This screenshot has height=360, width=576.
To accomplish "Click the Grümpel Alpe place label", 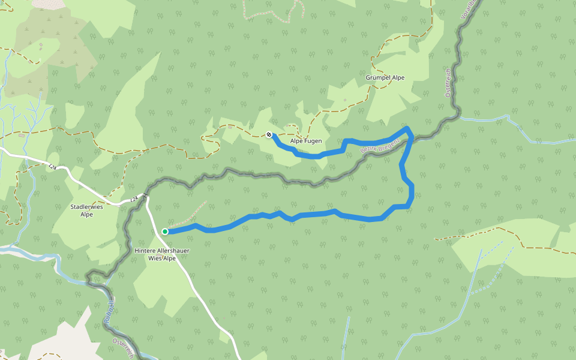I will coord(385,78).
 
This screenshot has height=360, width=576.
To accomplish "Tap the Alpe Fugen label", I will coord(306,141).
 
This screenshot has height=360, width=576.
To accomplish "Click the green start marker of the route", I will coord(165,232).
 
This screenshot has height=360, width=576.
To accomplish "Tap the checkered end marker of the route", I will coord(269,135).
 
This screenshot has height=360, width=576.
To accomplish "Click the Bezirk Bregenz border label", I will coord(380,147).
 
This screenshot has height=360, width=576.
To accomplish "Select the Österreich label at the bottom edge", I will coord(124,348).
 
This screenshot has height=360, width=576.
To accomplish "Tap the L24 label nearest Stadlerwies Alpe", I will coord(134,198).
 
